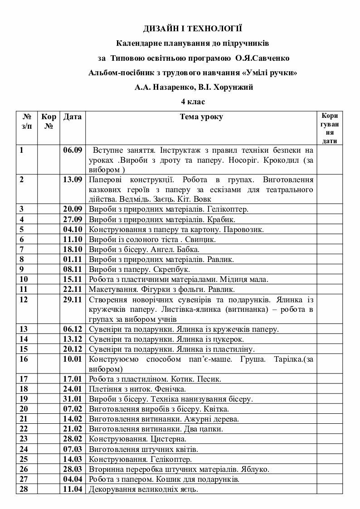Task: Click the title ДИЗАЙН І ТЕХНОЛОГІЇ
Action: click(x=193, y=29)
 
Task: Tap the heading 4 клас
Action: click(x=193, y=101)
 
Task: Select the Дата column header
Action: click(x=72, y=117)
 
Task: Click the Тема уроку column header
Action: click(x=201, y=117)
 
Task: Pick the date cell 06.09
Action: click(x=72, y=150)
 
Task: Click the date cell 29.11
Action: click(x=72, y=300)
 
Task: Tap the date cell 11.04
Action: click(x=72, y=489)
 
